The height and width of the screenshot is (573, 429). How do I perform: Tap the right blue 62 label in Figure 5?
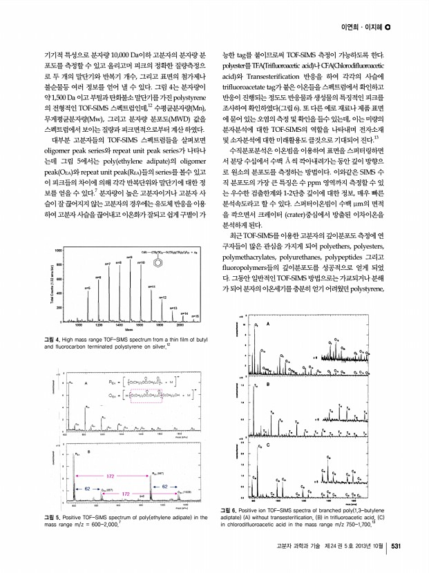pyautogui.click(x=164, y=487)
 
